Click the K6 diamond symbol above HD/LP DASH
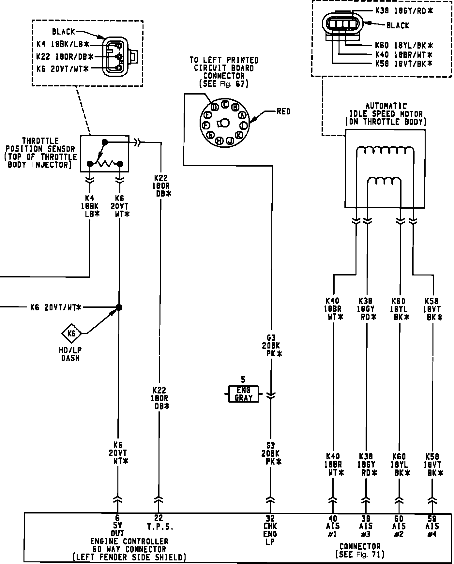(x=71, y=333)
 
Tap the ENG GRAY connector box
(x=243, y=394)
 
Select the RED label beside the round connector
(x=283, y=111)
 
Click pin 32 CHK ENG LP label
(x=270, y=530)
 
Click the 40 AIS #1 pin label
(x=333, y=526)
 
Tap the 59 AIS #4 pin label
(x=432, y=526)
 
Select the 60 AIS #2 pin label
(x=399, y=526)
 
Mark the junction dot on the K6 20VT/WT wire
(x=119, y=307)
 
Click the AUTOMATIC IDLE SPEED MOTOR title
(x=386, y=114)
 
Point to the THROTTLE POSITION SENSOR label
(x=40, y=153)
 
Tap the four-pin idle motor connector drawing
(x=342, y=24)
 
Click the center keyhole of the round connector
(x=224, y=123)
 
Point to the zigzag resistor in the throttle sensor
(x=105, y=163)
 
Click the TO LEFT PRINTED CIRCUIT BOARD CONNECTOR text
(x=224, y=72)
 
